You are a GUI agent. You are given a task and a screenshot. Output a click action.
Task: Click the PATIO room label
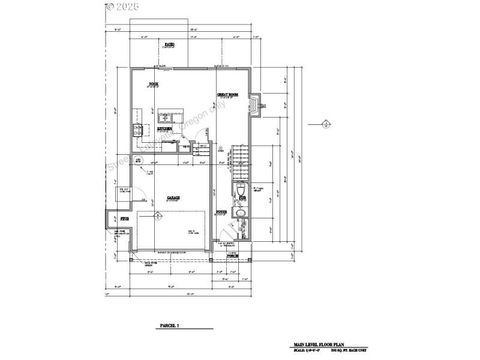[170, 45]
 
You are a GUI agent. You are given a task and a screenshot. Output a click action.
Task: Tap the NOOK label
[154, 83]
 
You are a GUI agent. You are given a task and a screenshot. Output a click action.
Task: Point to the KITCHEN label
[165, 128]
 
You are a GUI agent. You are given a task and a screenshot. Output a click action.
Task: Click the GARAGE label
[173, 197]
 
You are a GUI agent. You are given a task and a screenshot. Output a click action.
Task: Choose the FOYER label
[221, 212]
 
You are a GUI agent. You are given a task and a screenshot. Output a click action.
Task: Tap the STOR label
[125, 218]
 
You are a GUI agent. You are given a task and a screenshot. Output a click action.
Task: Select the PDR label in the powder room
[242, 197]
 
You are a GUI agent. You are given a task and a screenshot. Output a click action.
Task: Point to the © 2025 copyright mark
[122, 7]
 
